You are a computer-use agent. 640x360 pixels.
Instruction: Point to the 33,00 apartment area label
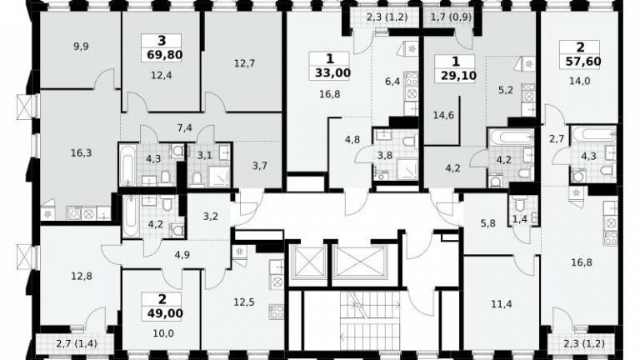click(332, 73)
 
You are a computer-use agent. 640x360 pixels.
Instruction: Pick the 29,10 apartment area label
click(458, 76)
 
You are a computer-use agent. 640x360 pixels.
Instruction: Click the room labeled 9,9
click(81, 47)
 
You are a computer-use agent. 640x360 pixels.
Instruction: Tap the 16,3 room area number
click(81, 153)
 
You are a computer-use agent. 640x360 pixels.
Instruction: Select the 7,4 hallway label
click(184, 127)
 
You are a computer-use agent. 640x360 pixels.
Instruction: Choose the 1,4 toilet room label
click(520, 219)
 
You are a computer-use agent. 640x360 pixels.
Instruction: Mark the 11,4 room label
click(501, 304)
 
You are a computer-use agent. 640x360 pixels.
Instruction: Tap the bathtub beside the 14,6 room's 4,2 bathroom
click(511, 137)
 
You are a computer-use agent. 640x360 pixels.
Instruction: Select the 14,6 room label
click(443, 115)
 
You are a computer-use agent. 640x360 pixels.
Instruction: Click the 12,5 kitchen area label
click(244, 302)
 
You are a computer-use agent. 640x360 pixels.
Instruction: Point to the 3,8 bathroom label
click(384, 155)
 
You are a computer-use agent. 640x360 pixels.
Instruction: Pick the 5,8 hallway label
click(488, 223)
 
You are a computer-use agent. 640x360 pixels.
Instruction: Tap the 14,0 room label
click(580, 81)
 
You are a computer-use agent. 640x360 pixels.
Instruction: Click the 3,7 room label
click(260, 166)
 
